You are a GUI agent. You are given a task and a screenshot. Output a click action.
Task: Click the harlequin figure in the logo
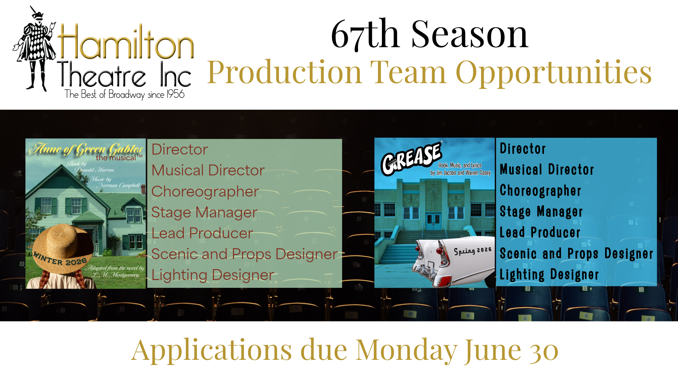[35, 48]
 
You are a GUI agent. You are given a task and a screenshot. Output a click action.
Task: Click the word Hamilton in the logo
[126, 42]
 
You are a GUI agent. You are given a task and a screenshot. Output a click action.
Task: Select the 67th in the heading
[365, 34]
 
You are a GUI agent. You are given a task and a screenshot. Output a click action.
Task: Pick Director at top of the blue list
[523, 149]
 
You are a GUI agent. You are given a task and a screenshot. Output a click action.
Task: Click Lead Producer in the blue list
[540, 233]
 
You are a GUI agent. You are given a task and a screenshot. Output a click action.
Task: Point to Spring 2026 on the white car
[472, 251]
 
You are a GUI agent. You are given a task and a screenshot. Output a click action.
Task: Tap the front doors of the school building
[433, 222]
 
